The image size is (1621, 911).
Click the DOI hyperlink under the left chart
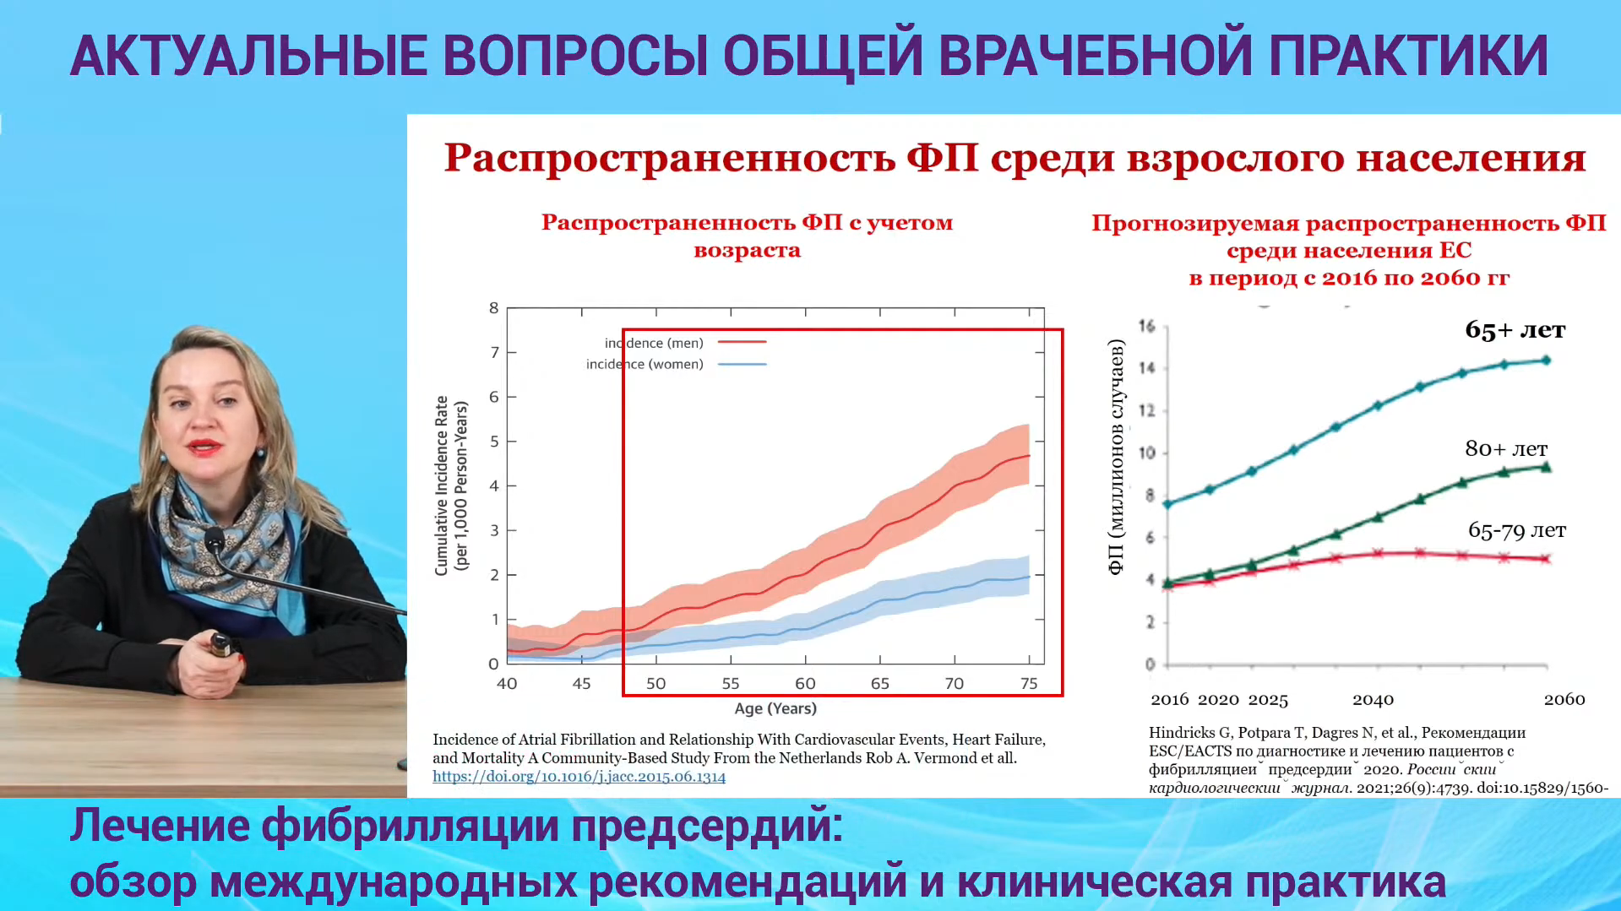(x=579, y=777)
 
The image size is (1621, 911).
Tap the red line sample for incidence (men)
(x=743, y=343)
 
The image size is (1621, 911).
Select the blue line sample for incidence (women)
(x=743, y=365)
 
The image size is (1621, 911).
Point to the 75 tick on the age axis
(x=1029, y=683)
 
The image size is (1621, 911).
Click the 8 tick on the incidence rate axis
(x=494, y=308)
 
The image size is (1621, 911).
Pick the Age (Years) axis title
(x=775, y=708)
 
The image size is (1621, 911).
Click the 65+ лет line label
(x=1515, y=329)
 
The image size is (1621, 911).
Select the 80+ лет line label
(x=1506, y=448)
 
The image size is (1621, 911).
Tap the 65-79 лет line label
(x=1517, y=530)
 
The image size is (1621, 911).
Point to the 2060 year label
(x=1564, y=699)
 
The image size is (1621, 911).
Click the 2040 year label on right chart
(x=1373, y=700)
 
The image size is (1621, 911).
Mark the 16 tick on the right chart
(x=1146, y=326)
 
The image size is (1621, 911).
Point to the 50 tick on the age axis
(x=656, y=683)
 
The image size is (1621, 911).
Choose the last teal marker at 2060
(x=1547, y=360)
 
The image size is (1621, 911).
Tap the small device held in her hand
(x=220, y=646)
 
